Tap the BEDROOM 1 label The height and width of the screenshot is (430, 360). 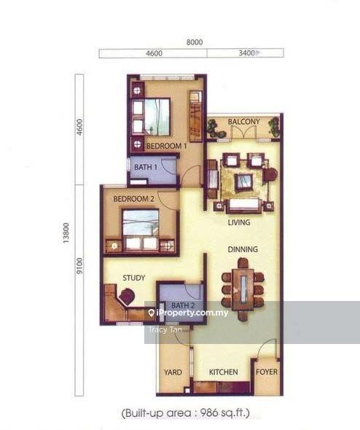[x=167, y=146]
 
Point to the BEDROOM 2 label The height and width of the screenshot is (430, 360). [x=133, y=198]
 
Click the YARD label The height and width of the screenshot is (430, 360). [x=173, y=372]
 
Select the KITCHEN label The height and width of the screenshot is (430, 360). [x=223, y=372]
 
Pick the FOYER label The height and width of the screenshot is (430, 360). [x=266, y=372]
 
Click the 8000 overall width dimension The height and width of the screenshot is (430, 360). [x=195, y=42]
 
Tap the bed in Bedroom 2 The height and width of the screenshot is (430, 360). [x=140, y=224]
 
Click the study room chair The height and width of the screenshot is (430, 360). [x=128, y=296]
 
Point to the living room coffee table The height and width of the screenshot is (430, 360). [x=243, y=181]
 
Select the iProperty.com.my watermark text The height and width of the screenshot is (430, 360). [x=190, y=313]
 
